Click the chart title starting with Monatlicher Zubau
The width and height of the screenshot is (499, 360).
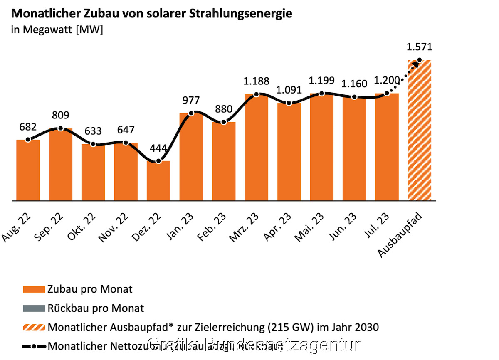pos(152,14)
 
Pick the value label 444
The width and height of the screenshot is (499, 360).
pos(158,148)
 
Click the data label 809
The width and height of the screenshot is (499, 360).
pos(61,115)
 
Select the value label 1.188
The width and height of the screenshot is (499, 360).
pos(257,81)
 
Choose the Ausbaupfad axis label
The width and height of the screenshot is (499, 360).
pos(401,235)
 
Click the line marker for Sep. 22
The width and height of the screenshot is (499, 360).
pos(61,128)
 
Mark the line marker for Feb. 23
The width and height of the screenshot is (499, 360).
pos(224,122)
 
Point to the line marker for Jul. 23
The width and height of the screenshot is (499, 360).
pos(387,94)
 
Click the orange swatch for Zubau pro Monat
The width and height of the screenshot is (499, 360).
pos(34,289)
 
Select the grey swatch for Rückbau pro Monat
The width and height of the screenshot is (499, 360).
pos(34,308)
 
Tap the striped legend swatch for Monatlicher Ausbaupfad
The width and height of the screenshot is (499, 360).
pos(34,327)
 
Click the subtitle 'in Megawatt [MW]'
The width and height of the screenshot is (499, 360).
pos(57,30)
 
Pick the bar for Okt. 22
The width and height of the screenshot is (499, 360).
pos(93,173)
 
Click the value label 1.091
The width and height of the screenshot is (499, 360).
pos(289,90)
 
